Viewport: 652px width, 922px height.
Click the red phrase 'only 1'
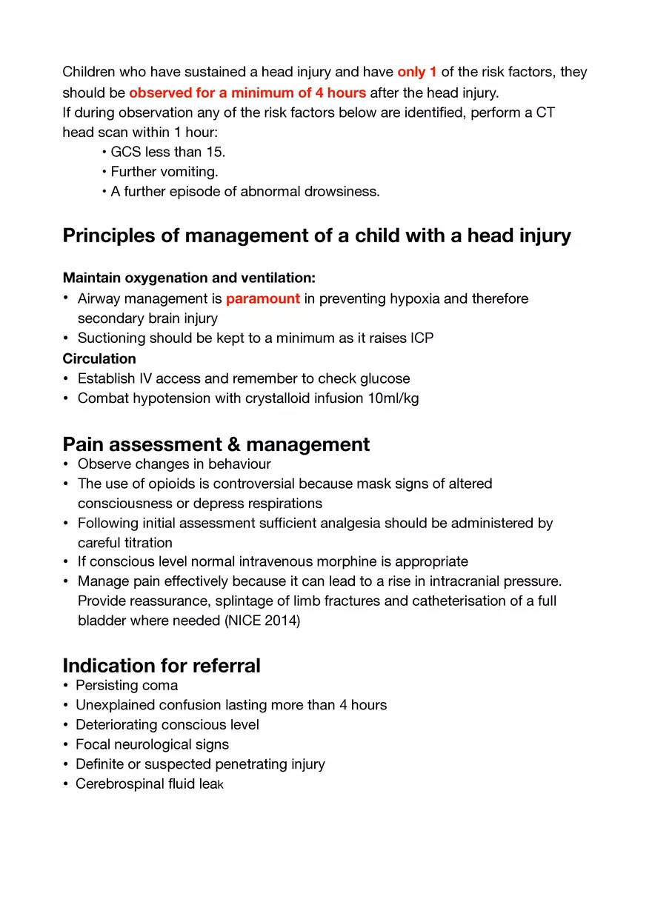(416, 72)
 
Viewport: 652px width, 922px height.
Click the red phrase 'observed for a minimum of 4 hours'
(247, 93)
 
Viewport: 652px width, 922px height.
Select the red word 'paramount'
(263, 298)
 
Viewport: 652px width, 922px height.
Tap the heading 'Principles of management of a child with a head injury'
(316, 235)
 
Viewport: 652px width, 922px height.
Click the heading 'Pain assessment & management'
(216, 444)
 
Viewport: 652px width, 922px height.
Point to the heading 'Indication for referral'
(162, 665)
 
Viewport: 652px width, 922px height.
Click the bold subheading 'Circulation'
(99, 358)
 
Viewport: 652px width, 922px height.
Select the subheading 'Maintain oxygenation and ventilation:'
(189, 278)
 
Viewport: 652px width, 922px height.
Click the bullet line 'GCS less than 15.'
(167, 152)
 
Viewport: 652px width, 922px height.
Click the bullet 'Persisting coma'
(127, 685)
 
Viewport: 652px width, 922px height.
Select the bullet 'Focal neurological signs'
(152, 744)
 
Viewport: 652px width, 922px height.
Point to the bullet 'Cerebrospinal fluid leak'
(149, 784)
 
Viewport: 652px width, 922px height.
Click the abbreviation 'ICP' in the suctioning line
(422, 338)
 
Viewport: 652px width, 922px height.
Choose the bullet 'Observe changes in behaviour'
(174, 464)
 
